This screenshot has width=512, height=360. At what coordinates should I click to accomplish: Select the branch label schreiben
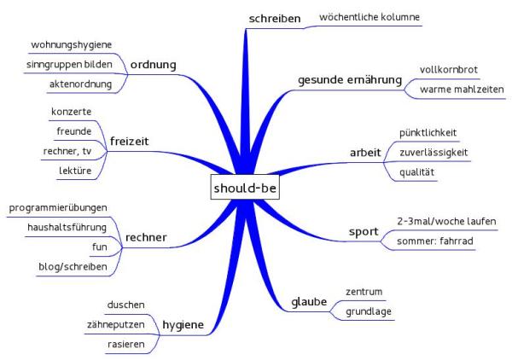pyautogui.click(x=273, y=18)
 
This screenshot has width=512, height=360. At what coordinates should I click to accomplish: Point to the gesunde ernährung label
pyautogui.click(x=350, y=80)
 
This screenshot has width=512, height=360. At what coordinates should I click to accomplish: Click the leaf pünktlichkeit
pyautogui.click(x=433, y=133)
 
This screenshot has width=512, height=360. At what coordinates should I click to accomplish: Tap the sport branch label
pyautogui.click(x=364, y=231)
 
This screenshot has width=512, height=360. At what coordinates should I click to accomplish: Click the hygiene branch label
pyautogui.click(x=184, y=324)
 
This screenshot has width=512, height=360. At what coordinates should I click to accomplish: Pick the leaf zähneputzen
pyautogui.click(x=115, y=324)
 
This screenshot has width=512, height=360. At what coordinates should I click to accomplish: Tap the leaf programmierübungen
pyautogui.click(x=56, y=208)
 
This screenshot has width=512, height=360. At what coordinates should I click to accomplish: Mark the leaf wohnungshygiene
pyautogui.click(x=72, y=44)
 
